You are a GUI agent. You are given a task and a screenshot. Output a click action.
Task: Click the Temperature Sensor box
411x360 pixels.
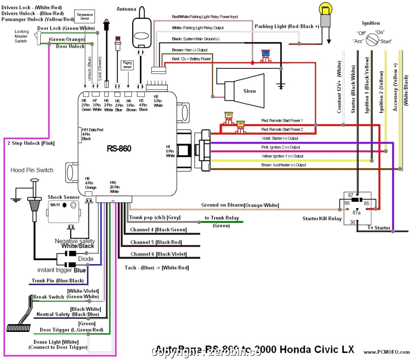coord(84,17)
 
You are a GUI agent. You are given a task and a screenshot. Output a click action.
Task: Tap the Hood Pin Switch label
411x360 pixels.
coord(32,170)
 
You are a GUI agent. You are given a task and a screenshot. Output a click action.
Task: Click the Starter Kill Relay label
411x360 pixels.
coord(322,219)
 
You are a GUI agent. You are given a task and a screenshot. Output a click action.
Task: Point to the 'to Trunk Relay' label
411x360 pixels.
coord(221,218)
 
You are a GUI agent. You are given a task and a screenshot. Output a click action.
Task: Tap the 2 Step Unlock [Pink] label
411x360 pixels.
coord(31,143)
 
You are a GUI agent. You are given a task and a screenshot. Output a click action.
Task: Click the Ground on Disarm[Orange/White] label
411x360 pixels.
coord(240,205)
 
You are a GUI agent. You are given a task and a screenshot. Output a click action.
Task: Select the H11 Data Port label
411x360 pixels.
coord(93,130)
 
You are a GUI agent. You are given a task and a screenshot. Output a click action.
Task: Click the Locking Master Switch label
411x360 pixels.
coord(21,37)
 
